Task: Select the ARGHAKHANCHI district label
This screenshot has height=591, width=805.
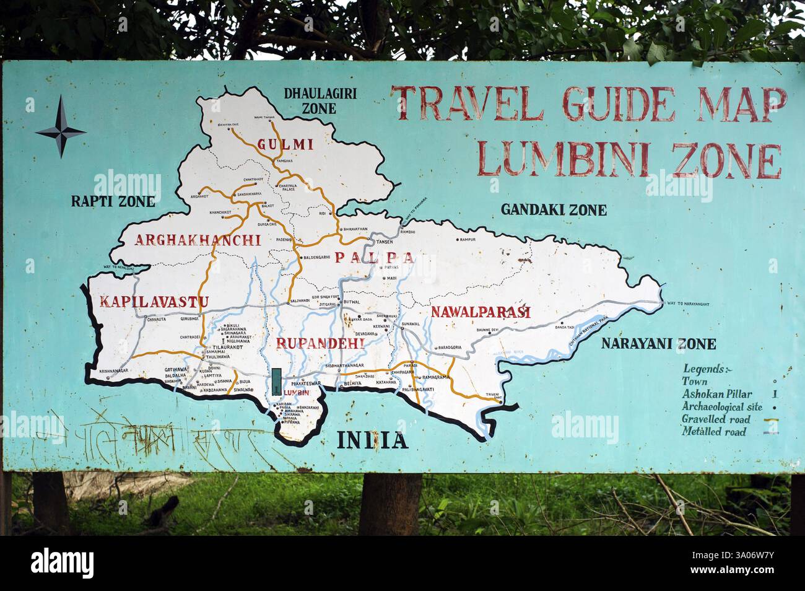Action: click(198, 240)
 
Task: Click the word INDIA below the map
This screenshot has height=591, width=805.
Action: click(372, 440)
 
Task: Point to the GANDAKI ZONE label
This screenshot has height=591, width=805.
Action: click(554, 210)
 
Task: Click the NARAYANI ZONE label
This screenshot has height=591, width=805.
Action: click(659, 344)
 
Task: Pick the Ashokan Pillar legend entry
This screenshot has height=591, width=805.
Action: click(717, 394)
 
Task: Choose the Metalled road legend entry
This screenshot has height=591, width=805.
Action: click(713, 432)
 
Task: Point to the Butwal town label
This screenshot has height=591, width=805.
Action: click(352, 302)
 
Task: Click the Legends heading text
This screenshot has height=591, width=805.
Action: click(706, 369)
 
